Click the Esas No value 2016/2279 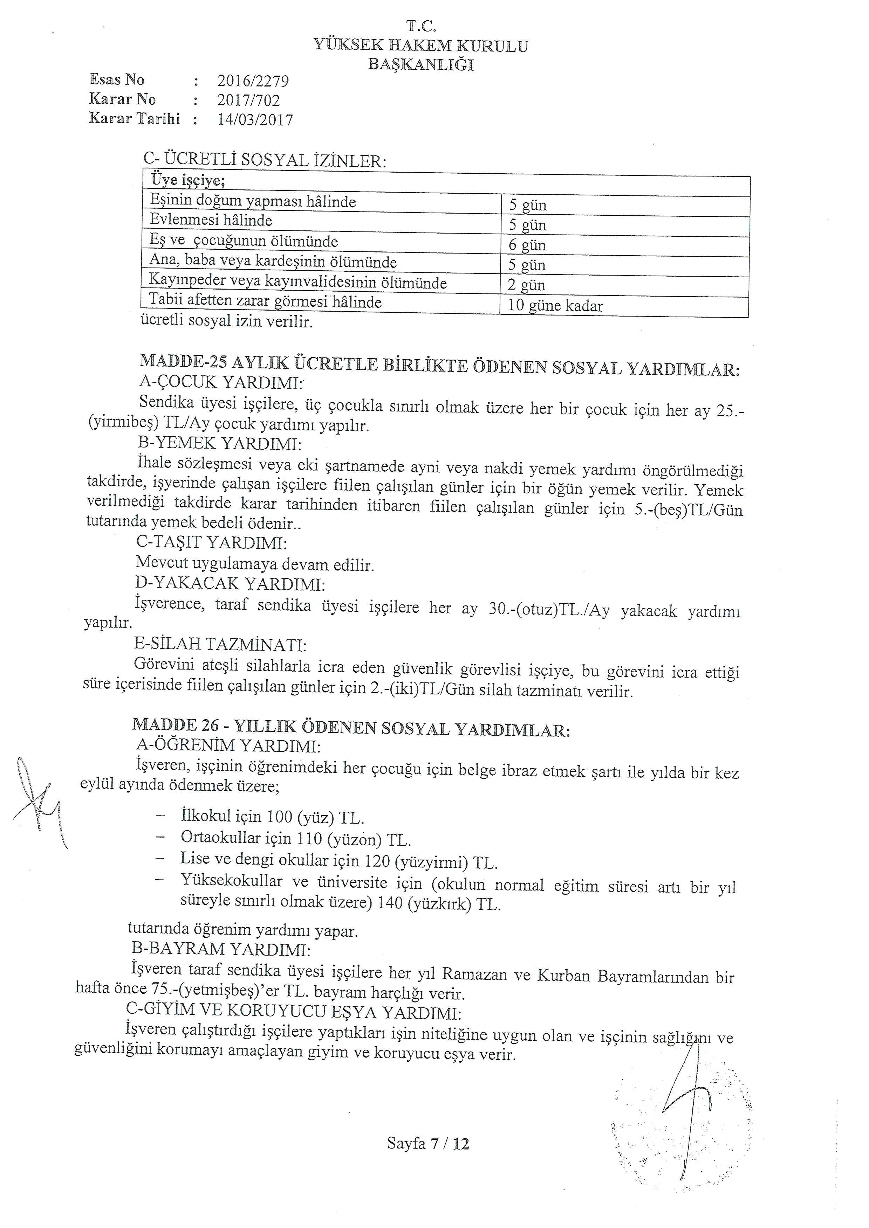pyautogui.click(x=253, y=81)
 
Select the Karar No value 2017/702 pyautogui.click(x=248, y=100)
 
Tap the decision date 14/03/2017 pyautogui.click(x=255, y=119)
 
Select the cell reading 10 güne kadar pyautogui.click(x=555, y=306)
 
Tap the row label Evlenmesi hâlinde pyautogui.click(x=211, y=220)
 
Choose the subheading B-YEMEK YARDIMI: pyautogui.click(x=219, y=444)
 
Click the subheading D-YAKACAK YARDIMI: pyautogui.click(x=231, y=583)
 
